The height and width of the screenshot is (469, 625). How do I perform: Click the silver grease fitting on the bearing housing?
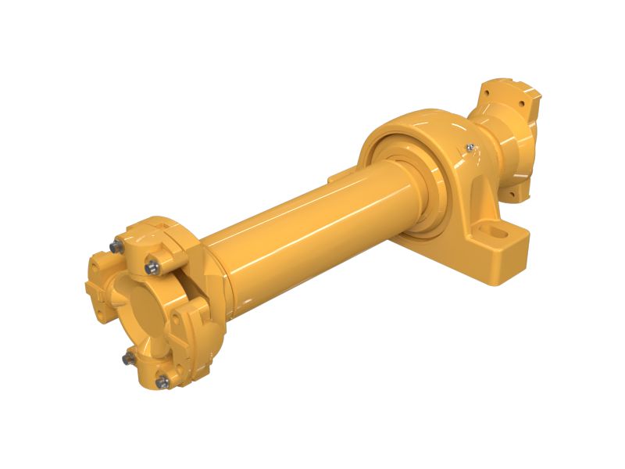click(469, 145)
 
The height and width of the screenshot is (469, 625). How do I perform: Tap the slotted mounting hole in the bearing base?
click(498, 232)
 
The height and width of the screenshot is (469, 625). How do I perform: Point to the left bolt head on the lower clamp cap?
click(127, 357)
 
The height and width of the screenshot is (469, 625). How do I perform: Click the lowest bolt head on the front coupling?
click(163, 381)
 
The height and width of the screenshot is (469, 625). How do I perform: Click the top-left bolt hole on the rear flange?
click(485, 93)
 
